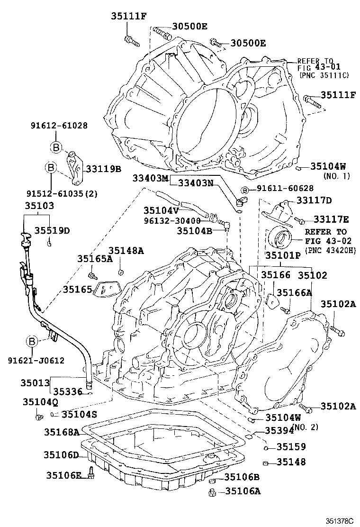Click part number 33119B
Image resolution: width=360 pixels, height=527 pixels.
(103, 168)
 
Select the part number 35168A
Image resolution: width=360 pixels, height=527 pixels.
(62, 432)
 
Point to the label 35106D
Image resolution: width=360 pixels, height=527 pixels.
(62, 455)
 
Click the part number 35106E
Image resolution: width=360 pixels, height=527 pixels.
(64, 475)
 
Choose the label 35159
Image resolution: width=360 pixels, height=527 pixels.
(291, 446)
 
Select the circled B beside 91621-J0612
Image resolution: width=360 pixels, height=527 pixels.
(32, 341)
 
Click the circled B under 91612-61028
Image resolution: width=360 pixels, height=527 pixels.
(56, 148)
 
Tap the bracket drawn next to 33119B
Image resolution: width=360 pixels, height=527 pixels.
(72, 168)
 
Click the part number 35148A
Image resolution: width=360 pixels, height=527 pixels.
(126, 251)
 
